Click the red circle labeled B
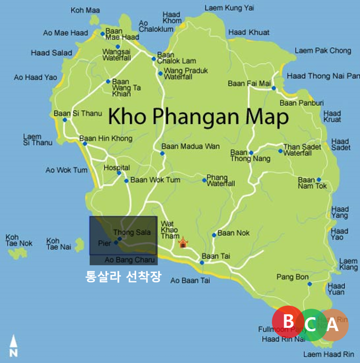[x=287, y=321]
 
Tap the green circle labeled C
[x=311, y=325]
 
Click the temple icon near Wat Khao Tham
[x=183, y=243]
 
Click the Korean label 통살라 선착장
[x=123, y=277]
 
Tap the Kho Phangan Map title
[x=198, y=118]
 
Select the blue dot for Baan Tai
[x=202, y=263]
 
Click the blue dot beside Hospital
[x=119, y=173]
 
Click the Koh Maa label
[x=85, y=10]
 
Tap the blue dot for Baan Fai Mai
[x=274, y=88]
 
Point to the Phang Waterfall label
[x=220, y=180]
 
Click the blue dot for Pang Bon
[x=310, y=284]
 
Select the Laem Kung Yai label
[x=229, y=8]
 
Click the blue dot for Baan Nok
[x=214, y=235]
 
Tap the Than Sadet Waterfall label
[x=302, y=150]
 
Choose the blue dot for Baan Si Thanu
[x=65, y=120]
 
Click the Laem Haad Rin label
[x=328, y=354]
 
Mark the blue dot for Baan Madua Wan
[x=162, y=153]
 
